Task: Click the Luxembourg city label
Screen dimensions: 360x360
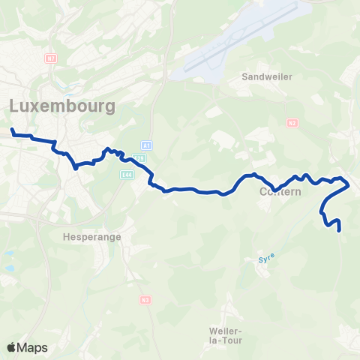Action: click(63, 106)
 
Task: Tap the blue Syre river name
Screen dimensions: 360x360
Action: click(266, 257)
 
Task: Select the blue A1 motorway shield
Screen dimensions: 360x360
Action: click(146, 145)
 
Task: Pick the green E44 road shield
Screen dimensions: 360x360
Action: click(127, 174)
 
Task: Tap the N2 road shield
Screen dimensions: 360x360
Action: click(292, 124)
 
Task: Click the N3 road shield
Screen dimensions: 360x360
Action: click(145, 300)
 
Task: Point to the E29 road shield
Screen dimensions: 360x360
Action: click(139, 158)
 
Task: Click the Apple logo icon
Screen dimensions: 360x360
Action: click(11, 347)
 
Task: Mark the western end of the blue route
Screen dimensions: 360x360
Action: click(13, 130)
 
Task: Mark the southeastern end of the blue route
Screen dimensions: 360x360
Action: click(340, 230)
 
